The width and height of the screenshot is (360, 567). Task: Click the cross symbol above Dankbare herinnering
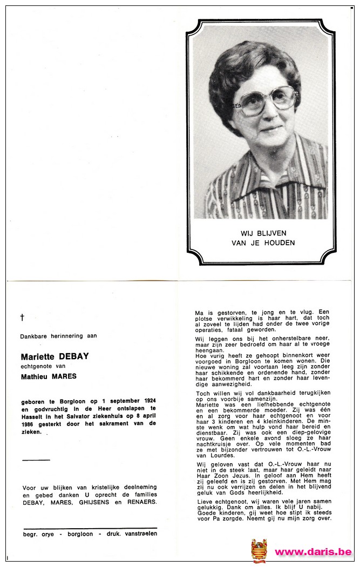(x=22, y=318)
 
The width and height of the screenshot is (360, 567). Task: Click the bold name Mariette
(x=39, y=356)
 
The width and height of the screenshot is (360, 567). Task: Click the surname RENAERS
(x=142, y=502)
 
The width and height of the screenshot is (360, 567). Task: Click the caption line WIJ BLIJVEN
(x=263, y=233)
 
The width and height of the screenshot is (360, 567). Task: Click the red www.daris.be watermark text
(x=313, y=552)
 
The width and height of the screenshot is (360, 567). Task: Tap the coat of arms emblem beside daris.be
(x=259, y=551)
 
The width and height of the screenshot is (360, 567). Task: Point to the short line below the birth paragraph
(x=36, y=460)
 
